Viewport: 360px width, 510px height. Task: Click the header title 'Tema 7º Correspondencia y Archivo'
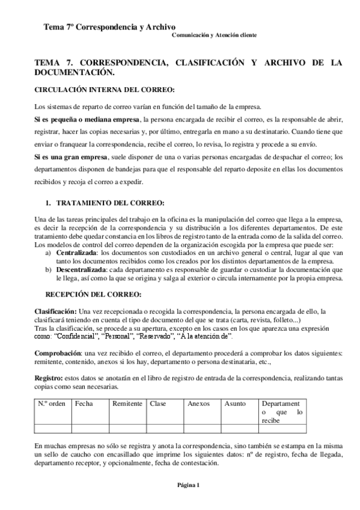pos(109,27)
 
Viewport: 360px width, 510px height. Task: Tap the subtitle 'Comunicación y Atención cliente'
pos(215,35)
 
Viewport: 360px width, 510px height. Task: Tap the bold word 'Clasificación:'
pos(55,311)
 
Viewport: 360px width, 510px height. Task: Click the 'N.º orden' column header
pos(52,404)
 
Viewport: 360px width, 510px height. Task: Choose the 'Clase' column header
pos(158,404)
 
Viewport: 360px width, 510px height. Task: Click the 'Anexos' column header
pos(198,404)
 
